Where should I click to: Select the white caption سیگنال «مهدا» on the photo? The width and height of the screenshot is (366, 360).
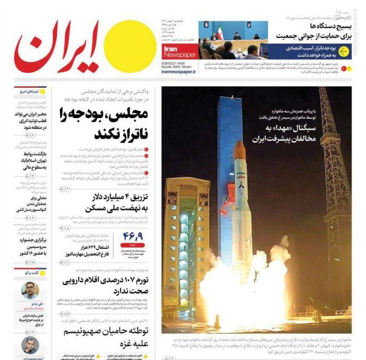click(x=283, y=132)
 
